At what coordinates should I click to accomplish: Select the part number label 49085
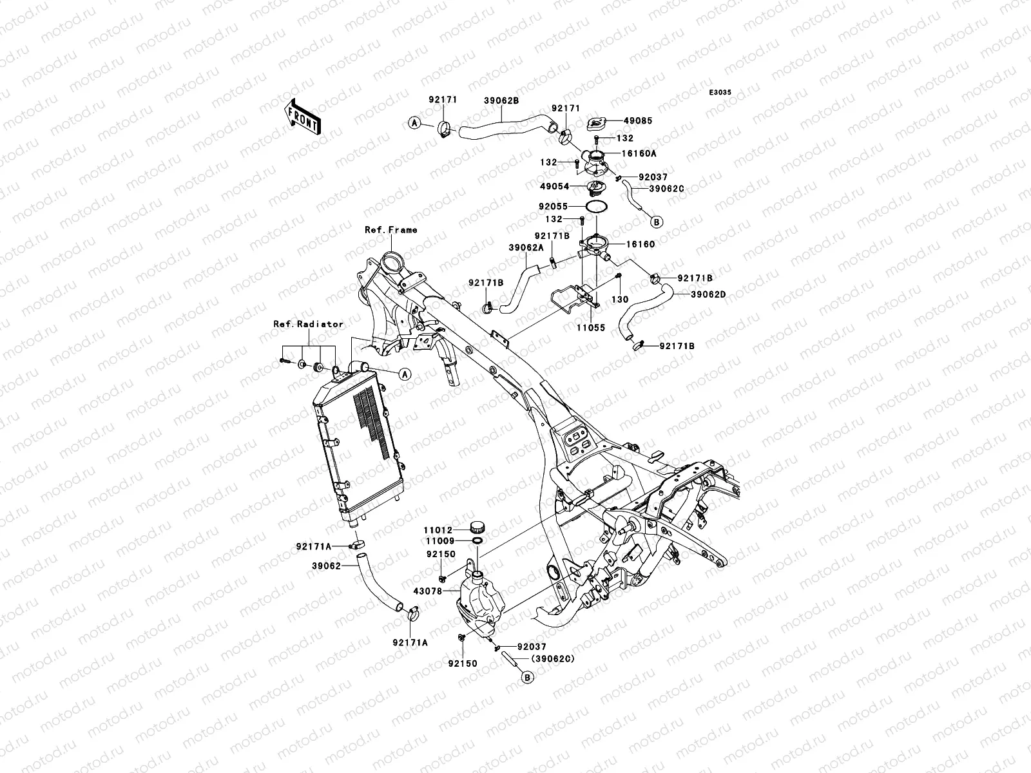click(638, 120)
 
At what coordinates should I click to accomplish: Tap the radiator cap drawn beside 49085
click(597, 124)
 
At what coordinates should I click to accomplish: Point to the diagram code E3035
click(720, 93)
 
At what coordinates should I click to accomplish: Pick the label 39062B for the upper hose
click(501, 101)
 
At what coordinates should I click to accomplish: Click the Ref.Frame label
click(390, 229)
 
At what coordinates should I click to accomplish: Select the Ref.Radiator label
click(308, 324)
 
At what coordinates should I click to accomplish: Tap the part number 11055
click(591, 328)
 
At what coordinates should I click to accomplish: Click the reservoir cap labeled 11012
click(477, 526)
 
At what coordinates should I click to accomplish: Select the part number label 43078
click(427, 591)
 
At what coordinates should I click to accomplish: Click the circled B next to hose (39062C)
click(528, 677)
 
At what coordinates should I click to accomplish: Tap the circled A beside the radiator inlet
click(405, 374)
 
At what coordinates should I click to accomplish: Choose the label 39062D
click(708, 295)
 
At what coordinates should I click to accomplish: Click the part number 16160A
click(639, 153)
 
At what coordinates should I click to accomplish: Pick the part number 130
click(620, 299)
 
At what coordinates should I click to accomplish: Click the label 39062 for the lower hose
click(327, 566)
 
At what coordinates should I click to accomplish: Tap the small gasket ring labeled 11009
click(476, 541)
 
